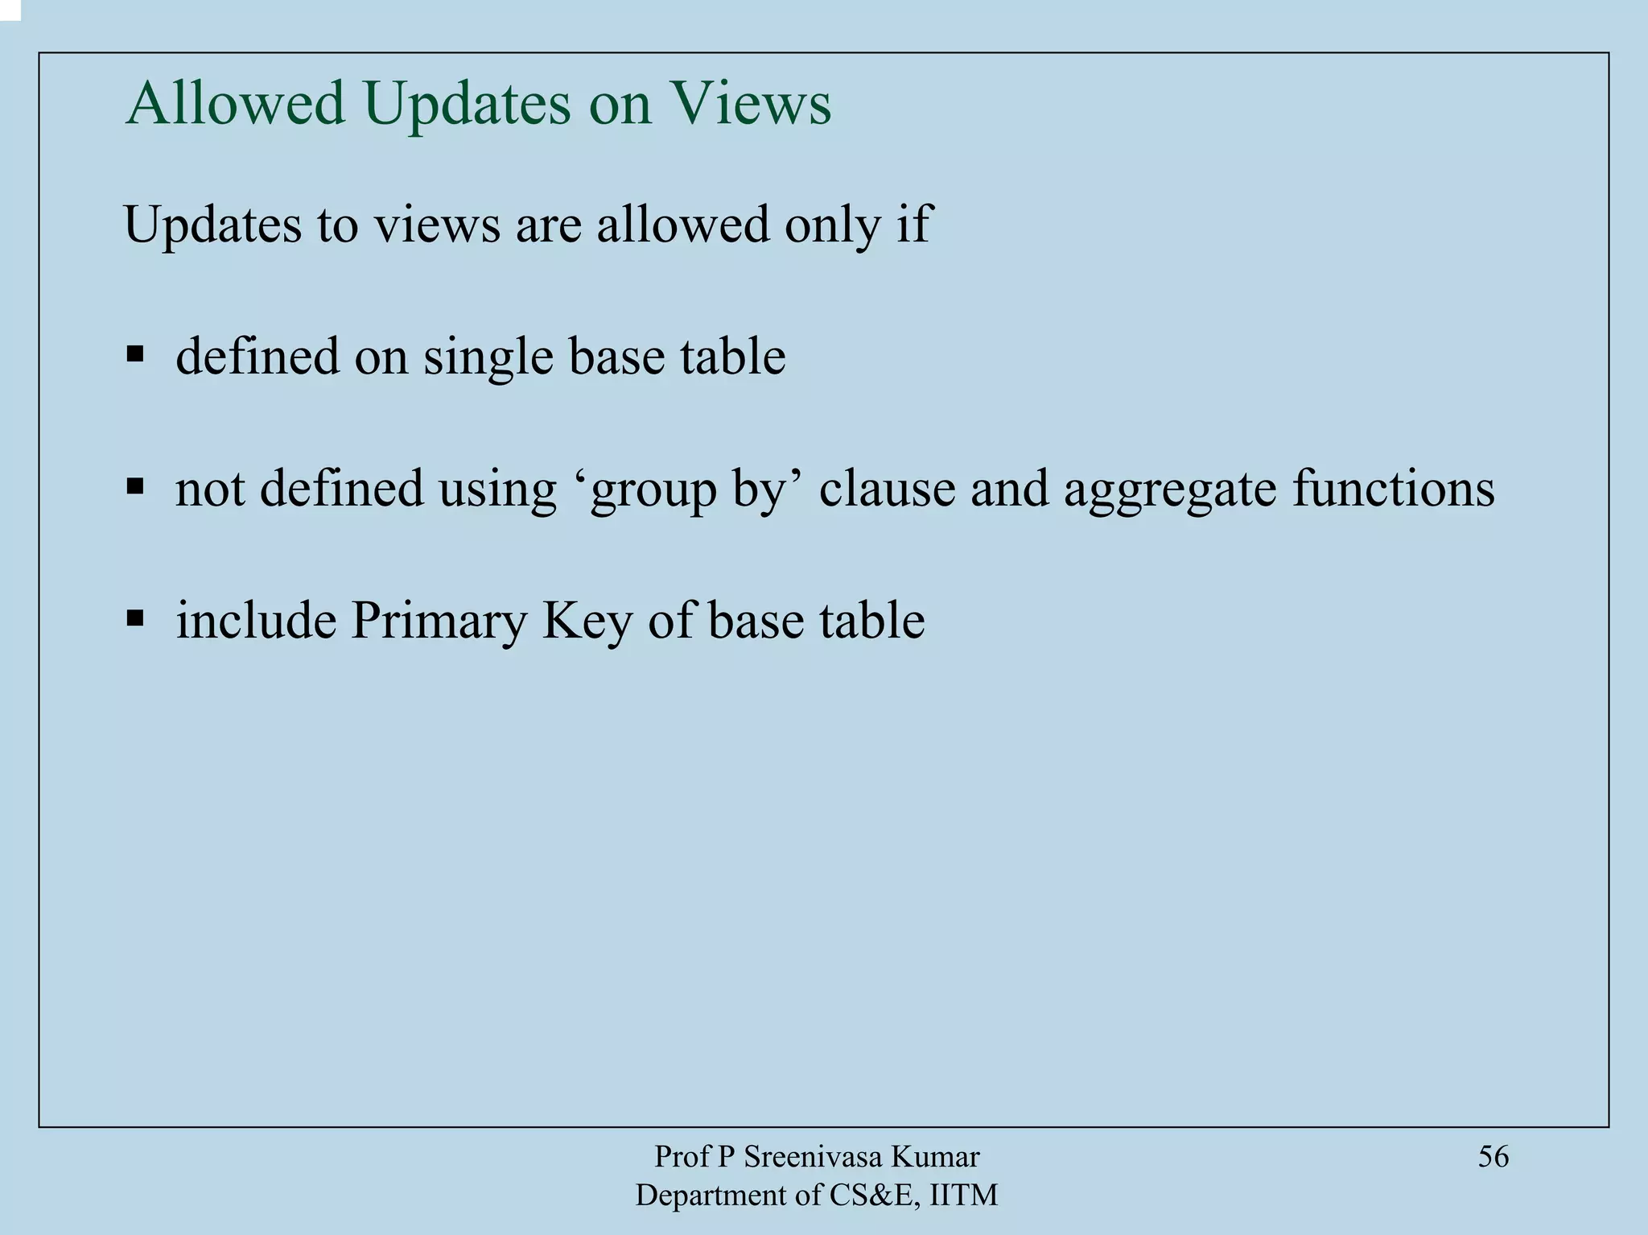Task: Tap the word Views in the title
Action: [x=753, y=104]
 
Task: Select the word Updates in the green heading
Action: [x=467, y=105]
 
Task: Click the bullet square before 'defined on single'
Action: [x=135, y=354]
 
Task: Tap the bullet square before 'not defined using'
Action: [x=135, y=486]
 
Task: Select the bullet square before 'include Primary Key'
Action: [x=135, y=618]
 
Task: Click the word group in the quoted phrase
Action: [x=653, y=489]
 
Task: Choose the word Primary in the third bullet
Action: [x=438, y=622]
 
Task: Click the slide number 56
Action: [x=1493, y=1157]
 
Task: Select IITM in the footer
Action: [x=963, y=1196]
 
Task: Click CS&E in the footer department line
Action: [x=872, y=1196]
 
